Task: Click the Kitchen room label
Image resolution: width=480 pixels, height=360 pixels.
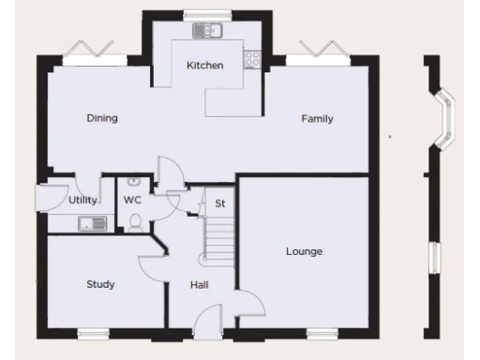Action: point(204,65)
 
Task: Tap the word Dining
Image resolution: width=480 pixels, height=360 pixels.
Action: point(101,118)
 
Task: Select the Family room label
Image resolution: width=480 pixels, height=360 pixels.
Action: point(317,118)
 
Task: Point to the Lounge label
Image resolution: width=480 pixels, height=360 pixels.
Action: point(304,251)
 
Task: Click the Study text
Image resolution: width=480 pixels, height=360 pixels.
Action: point(100,284)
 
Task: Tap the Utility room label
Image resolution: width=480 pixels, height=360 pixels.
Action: point(83,201)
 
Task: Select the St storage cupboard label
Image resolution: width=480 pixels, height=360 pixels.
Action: point(220,202)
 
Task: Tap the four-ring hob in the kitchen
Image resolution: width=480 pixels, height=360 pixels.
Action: point(252,60)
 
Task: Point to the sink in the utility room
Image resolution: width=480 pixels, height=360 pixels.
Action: point(93,223)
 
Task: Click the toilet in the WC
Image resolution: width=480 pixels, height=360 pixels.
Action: point(136,221)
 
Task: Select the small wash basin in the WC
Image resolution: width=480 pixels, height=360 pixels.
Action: point(133,182)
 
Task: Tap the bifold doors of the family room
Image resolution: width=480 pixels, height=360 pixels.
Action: point(317,52)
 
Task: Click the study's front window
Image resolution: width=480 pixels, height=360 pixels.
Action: point(94,333)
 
